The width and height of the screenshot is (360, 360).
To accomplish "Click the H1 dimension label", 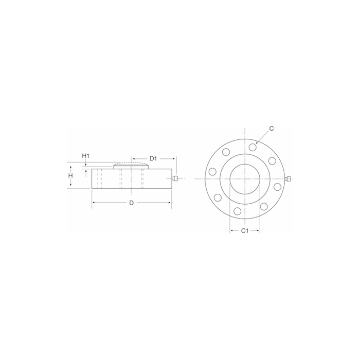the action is pos(86,156).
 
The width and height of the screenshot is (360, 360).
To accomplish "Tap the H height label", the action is pos(71,176).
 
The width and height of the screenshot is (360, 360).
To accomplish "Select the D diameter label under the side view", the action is pos(131,203).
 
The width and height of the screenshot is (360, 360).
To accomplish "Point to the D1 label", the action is pos(153,158).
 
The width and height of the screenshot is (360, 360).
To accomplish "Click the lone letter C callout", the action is pos(272,129).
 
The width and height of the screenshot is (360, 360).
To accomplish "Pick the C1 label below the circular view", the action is pos(245,231).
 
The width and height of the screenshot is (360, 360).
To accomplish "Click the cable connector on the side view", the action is pos(175,178).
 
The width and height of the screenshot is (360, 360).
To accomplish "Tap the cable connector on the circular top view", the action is pos(288,178).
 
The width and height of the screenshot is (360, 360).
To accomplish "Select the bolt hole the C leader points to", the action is pos(253,147).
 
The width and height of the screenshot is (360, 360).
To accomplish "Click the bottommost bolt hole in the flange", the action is pos(238,211).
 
